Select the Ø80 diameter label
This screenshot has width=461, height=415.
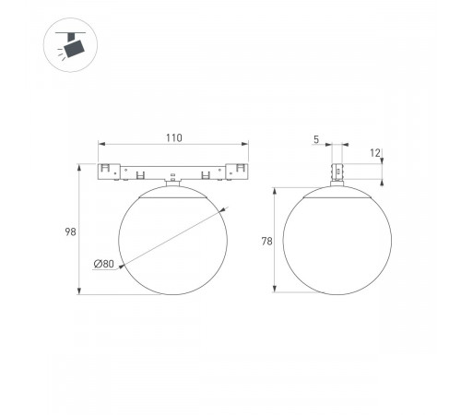click(103, 265)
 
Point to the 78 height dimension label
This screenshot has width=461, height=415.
click(266, 242)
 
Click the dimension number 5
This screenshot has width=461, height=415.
click(315, 139)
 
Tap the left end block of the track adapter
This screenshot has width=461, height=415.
click(111, 172)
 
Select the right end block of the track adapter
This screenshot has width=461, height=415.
click(236, 172)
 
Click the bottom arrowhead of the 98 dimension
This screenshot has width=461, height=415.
click(80, 291)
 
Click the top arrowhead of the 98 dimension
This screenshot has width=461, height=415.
click(80, 166)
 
